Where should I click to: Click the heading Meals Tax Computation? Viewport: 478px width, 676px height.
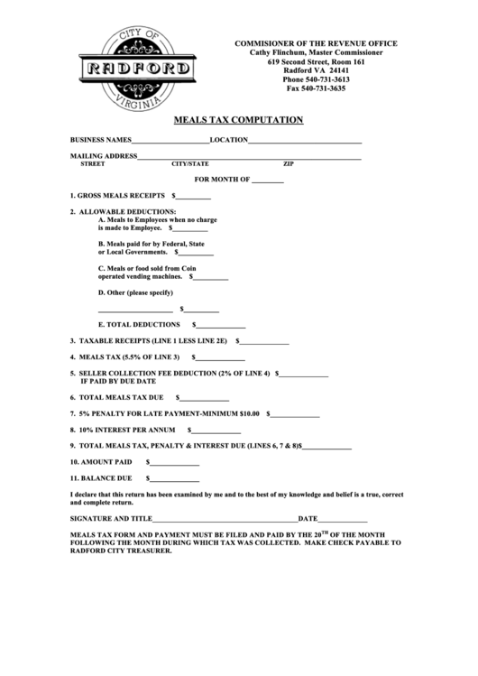[238, 120]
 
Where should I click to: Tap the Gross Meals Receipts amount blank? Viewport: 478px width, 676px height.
[193, 197]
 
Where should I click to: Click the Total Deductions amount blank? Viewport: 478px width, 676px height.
[221, 325]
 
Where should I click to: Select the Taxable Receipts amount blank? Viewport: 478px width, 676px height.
[264, 343]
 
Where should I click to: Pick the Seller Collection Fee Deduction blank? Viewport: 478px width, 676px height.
[304, 374]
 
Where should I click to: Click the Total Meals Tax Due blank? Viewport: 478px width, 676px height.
[205, 399]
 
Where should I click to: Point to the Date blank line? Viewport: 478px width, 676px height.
[344, 521]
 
